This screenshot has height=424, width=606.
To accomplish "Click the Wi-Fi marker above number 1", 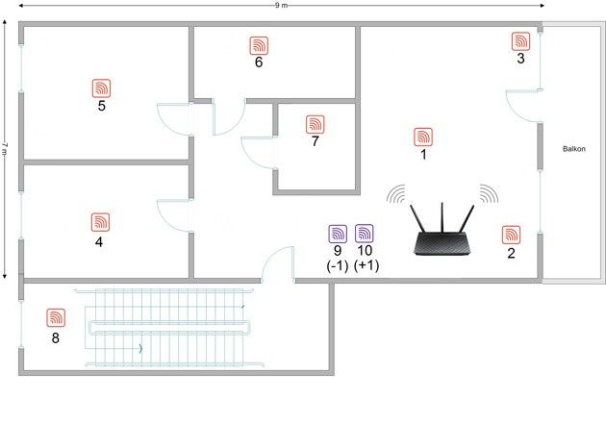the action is point(423,137).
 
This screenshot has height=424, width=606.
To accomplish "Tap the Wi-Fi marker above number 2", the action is point(512,235).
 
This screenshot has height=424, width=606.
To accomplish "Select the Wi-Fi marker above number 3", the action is point(521,41).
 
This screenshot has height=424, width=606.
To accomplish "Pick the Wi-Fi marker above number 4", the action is point(100,222).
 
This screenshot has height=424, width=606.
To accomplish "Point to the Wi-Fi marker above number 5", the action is point(102,88).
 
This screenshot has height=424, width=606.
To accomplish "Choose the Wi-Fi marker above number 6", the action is point(259,45).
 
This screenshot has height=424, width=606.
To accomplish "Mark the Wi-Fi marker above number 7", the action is point(316,124).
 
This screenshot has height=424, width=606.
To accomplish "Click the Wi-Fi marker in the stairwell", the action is point(56,318).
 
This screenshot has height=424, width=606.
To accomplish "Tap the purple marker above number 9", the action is point(338,234).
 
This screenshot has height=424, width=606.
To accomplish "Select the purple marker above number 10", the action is point(365,234).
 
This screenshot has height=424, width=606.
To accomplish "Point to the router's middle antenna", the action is point(442,217).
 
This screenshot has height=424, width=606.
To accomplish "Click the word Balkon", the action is point(574,149).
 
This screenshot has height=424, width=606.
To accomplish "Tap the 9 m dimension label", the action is point(281,6).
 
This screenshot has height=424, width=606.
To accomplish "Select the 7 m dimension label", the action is point(5,149).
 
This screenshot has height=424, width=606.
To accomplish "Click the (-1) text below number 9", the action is point(338,265).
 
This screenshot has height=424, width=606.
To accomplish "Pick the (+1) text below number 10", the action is point(366,265).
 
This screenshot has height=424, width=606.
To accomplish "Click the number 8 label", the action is point(56,337).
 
